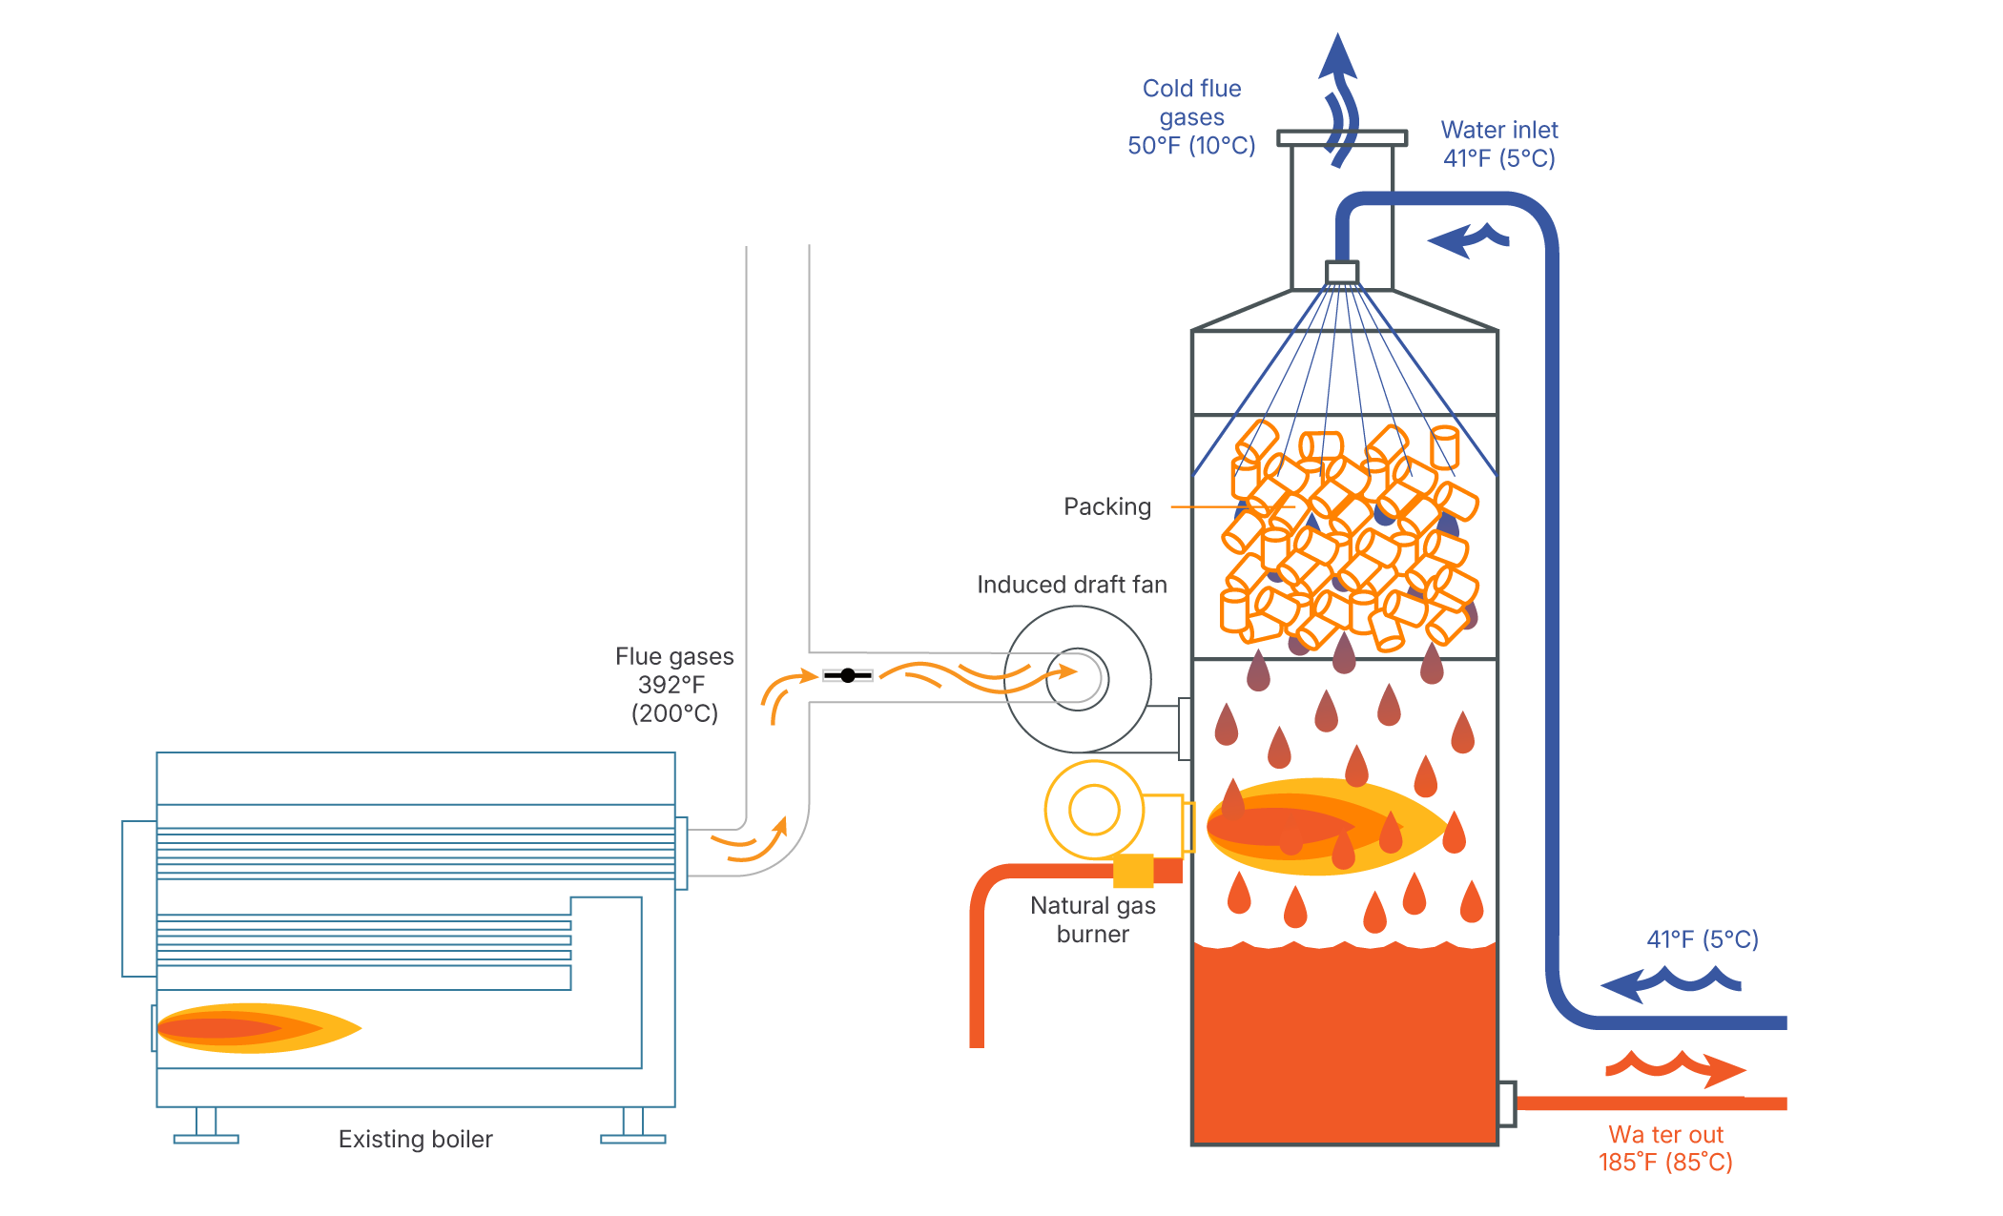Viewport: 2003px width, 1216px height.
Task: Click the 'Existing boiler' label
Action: (x=415, y=1139)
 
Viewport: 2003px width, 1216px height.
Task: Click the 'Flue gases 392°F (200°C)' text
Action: (x=674, y=685)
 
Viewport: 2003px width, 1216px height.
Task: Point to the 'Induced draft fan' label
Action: (x=1071, y=585)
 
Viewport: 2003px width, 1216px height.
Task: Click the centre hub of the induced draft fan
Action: (x=1079, y=678)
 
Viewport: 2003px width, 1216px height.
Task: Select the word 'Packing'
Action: (x=1106, y=506)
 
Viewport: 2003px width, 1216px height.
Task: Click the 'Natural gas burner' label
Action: (x=1093, y=919)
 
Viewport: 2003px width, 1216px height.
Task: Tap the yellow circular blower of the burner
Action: (x=1094, y=810)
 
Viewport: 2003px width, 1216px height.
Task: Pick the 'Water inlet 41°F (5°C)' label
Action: (x=1499, y=144)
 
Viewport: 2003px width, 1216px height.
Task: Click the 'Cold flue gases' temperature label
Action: (x=1191, y=117)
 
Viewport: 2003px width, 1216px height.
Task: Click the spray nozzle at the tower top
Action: (x=1342, y=273)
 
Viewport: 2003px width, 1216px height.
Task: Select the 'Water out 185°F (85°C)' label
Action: (x=1665, y=1148)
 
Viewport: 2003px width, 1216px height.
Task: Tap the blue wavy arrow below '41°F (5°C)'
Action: (x=1669, y=983)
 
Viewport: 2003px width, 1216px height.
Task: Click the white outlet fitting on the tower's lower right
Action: (x=1506, y=1103)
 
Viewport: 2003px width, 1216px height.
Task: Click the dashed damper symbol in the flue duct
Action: (x=847, y=675)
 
